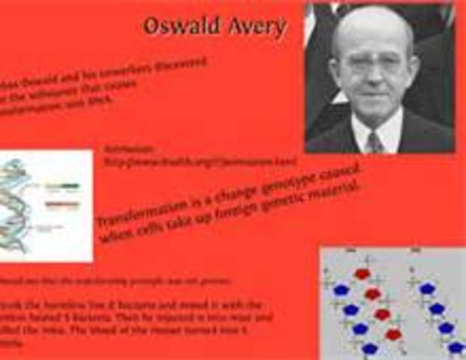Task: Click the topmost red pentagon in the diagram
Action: [x=362, y=274]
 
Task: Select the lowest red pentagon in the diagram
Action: [x=393, y=334]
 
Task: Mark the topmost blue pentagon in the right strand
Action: [x=427, y=288]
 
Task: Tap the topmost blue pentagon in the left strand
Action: [x=341, y=289]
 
